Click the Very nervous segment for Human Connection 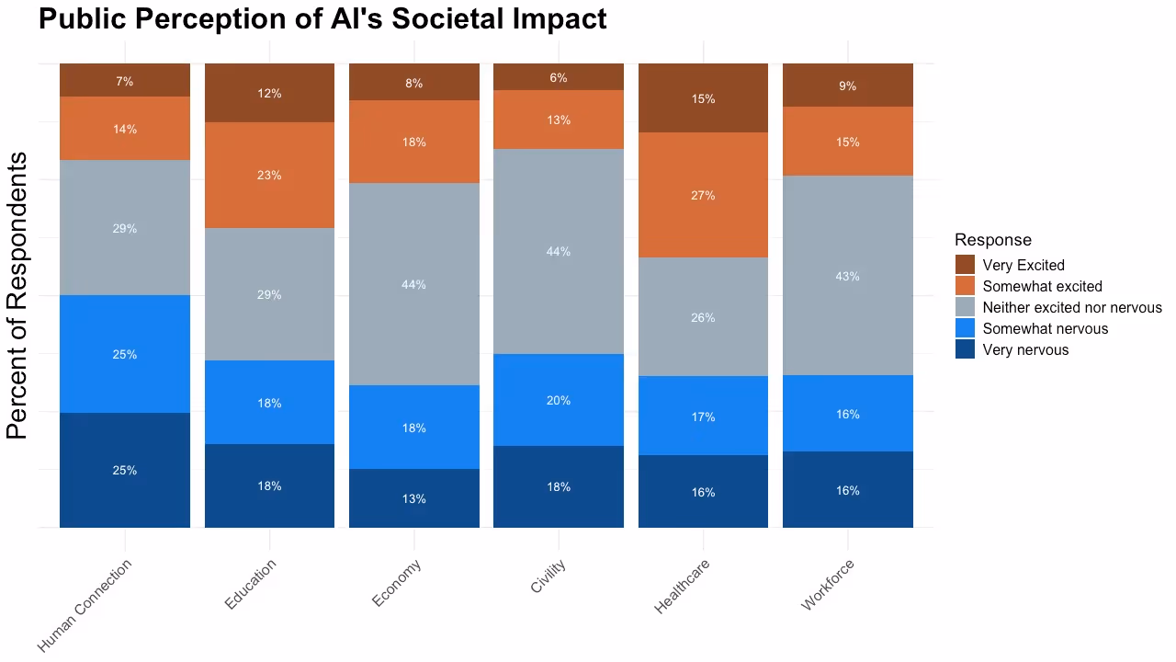(x=125, y=470)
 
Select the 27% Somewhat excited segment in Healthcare (x=703, y=195)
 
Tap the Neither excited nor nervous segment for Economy (x=413, y=284)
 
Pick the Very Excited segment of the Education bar (x=269, y=93)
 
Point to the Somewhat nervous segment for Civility (x=559, y=400)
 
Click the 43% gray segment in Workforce (x=847, y=276)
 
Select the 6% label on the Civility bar (x=559, y=78)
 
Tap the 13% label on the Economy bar (x=413, y=498)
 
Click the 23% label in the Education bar (x=269, y=175)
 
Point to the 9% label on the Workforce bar (x=847, y=86)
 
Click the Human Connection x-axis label (x=86, y=604)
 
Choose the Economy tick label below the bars (x=397, y=583)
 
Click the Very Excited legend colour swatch (x=965, y=265)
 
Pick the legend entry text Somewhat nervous (x=1045, y=328)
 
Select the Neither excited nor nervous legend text (x=1071, y=307)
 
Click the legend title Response (x=992, y=240)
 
